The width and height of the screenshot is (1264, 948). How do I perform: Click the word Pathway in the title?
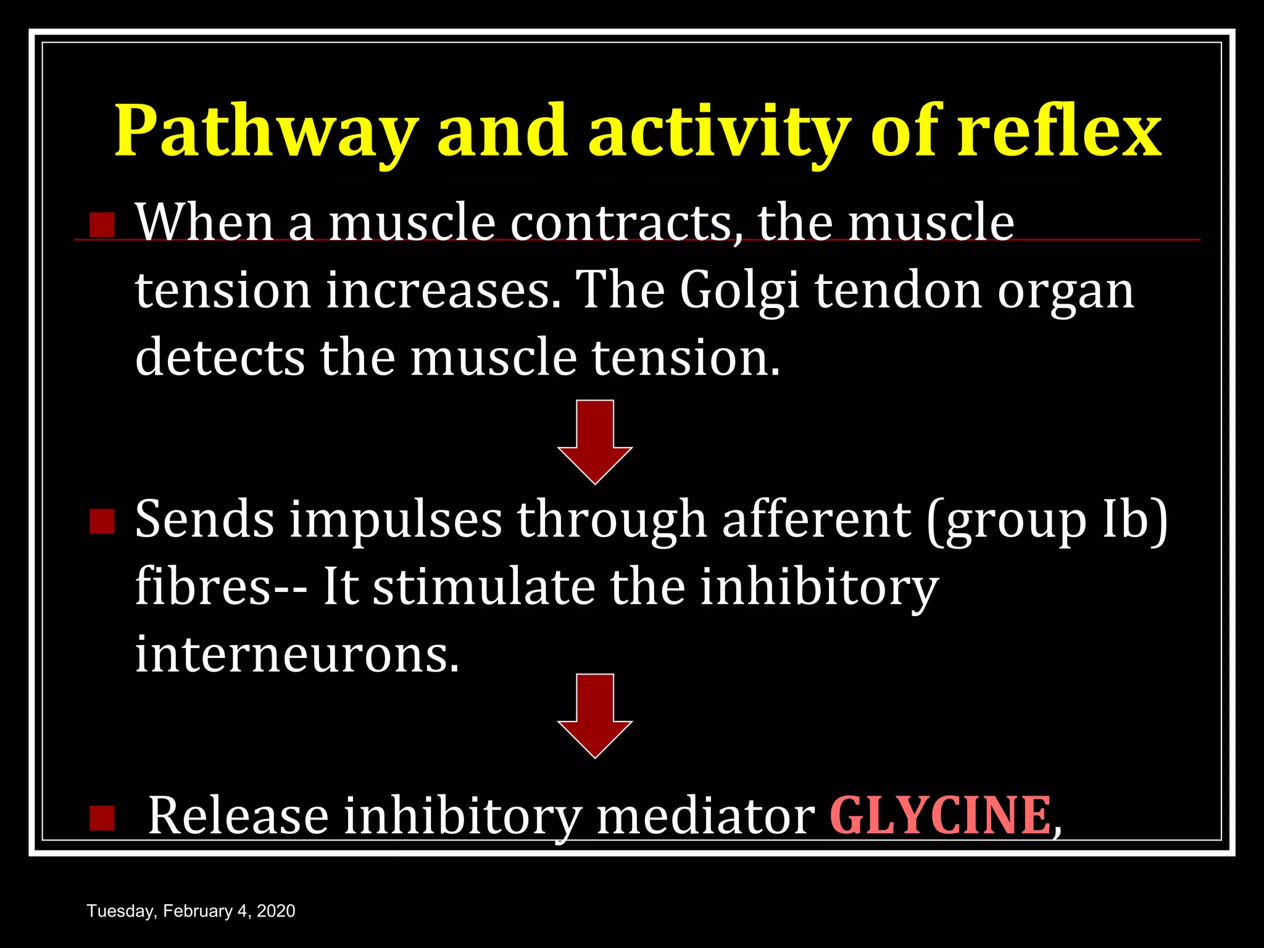265,131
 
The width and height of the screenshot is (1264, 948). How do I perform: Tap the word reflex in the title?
1059,131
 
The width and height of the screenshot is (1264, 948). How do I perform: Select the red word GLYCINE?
940,816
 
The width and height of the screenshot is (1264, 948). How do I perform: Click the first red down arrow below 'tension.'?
595,441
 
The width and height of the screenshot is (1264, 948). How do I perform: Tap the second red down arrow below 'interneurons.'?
595,715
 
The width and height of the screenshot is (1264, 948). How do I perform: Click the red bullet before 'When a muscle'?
102,225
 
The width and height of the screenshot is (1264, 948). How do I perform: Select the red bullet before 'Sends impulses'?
102,522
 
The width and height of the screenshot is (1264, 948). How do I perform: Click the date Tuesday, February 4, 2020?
191,911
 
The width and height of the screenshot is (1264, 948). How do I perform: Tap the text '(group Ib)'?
1047,520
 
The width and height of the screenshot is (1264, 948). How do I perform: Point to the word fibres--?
220,586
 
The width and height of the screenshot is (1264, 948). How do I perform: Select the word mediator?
705,816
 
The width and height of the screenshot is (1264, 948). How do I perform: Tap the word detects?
220,358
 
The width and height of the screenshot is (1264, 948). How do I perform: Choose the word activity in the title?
715,131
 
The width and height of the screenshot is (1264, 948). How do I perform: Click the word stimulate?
484,586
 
